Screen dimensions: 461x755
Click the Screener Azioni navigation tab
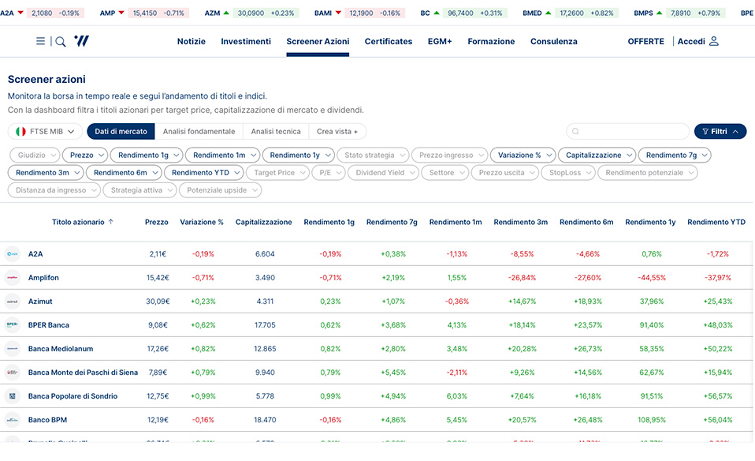pos(318,41)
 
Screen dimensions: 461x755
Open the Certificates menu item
pos(388,41)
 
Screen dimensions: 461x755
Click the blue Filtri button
pos(720,132)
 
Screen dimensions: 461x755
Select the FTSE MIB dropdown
pos(45,132)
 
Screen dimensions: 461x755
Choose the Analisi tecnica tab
pos(276,132)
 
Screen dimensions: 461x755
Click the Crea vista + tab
pos(337,132)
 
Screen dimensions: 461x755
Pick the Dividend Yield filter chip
pos(385,173)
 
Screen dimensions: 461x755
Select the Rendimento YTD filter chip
pos(203,173)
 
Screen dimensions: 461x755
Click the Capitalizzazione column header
pos(263,223)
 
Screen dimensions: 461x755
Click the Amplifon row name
pos(43,278)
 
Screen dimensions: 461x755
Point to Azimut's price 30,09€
pos(157,302)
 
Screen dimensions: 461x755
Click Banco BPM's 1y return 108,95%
pos(650,420)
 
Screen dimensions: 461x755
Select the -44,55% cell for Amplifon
pos(650,278)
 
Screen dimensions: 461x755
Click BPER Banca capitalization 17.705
pos(265,325)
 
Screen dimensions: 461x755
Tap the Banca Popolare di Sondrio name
pos(73,396)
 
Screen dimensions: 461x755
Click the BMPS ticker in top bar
pos(643,13)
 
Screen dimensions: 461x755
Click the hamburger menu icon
pos(40,41)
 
